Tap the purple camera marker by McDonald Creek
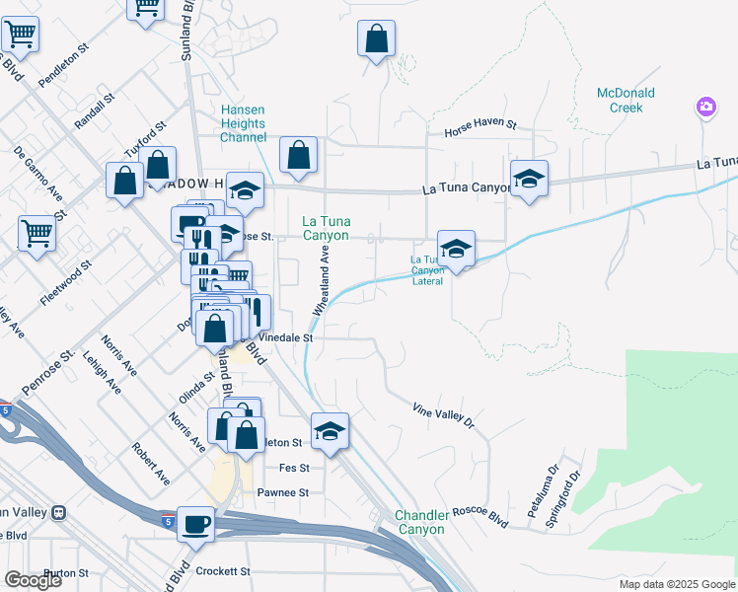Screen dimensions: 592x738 (x=706, y=107)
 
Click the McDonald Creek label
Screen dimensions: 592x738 (x=626, y=100)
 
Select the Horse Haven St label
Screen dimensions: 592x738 (x=480, y=125)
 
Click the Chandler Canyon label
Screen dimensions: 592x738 (x=421, y=522)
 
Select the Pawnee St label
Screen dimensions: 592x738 (x=283, y=492)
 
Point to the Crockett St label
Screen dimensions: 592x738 (x=224, y=571)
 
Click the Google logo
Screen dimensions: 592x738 (x=33, y=580)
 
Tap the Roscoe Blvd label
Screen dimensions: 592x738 (x=480, y=517)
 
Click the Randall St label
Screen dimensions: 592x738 (x=95, y=112)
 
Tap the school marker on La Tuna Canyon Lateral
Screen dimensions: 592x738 (x=456, y=250)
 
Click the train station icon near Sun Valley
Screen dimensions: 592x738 (x=60, y=512)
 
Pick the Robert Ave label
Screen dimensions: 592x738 (x=151, y=463)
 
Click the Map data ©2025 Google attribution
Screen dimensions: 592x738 (x=677, y=584)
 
